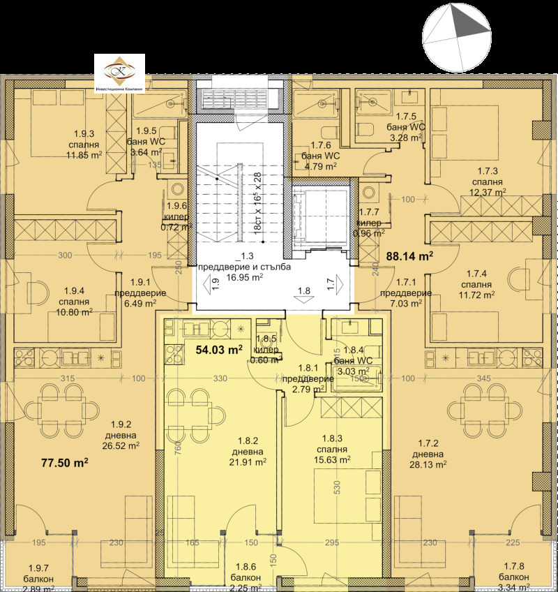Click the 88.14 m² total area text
(x=409, y=256)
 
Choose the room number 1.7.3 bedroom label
(x=484, y=181)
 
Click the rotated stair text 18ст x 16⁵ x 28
(x=257, y=202)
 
